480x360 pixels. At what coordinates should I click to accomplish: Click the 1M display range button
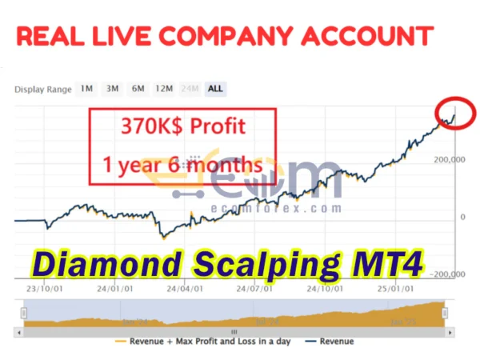coord(86,89)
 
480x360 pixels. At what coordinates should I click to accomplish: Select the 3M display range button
coord(113,89)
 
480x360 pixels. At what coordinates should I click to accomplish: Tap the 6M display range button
coord(138,89)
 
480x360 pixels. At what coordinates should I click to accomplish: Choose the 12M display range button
coord(165,89)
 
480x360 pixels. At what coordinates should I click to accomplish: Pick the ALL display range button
coord(215,89)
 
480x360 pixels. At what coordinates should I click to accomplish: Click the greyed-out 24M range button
coord(191,89)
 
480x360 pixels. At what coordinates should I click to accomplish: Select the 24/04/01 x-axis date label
coord(182,290)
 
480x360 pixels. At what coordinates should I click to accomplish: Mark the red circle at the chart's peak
coord(454,114)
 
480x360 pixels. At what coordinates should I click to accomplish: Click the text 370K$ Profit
coord(183,126)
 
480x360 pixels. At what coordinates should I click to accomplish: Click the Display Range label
coord(42,90)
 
